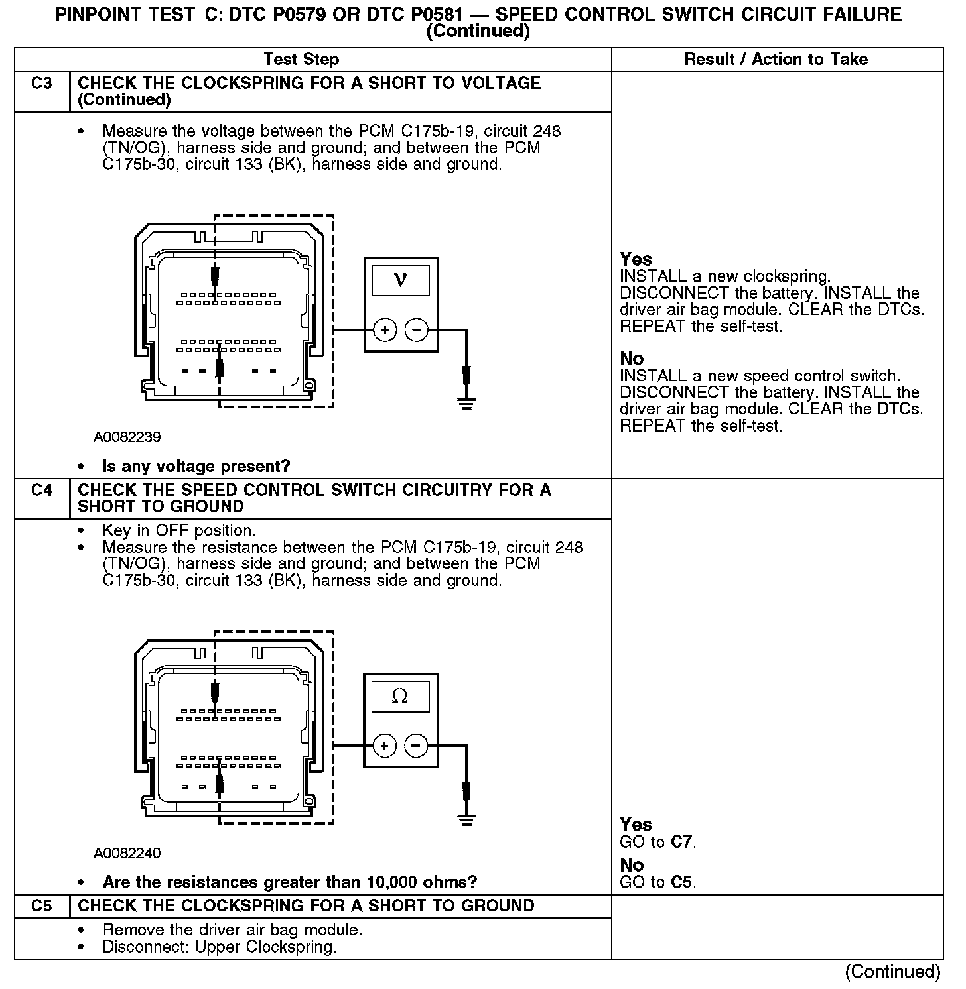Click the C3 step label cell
(x=42, y=84)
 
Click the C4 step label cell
(x=42, y=491)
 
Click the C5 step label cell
(x=42, y=906)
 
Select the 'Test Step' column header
(x=301, y=60)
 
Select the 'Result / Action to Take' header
(x=776, y=60)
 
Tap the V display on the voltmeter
(x=400, y=280)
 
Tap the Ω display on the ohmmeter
(x=400, y=696)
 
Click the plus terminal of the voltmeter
(x=385, y=329)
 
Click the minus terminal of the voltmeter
(x=417, y=329)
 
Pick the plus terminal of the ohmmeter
(x=385, y=746)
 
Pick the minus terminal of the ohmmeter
(x=417, y=746)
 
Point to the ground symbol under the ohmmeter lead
(x=466, y=819)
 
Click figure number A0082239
(x=127, y=437)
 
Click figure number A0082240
(x=127, y=853)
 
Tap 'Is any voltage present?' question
(x=196, y=467)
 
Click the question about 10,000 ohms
(x=290, y=882)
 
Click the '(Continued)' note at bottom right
(x=892, y=972)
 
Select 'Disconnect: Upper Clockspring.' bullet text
(x=220, y=947)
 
